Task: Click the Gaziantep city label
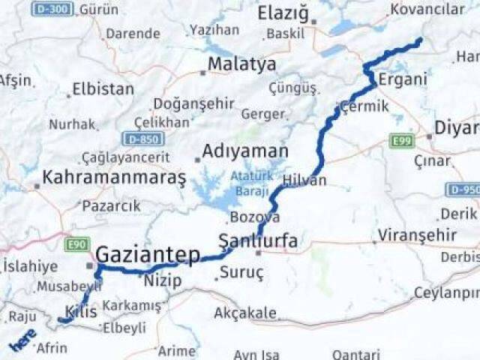click(148, 254)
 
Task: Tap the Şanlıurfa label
click(257, 241)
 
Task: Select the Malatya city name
click(241, 64)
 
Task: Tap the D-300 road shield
click(52, 9)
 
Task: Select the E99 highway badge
click(402, 139)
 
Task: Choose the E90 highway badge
click(77, 244)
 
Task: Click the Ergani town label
click(402, 79)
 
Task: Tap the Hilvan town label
click(304, 181)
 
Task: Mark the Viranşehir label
click(417, 235)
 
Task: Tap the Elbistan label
click(103, 88)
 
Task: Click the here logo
click(22, 340)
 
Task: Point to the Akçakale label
click(245, 313)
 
